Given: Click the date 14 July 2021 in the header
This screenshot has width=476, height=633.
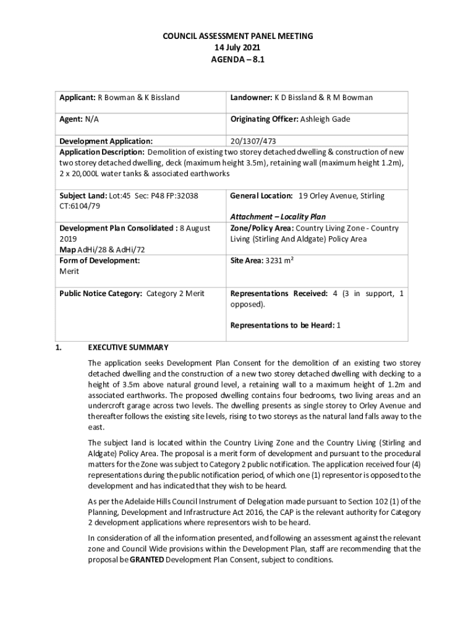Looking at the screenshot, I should coord(238,47).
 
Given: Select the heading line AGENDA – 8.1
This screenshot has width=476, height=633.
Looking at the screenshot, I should coord(238,59).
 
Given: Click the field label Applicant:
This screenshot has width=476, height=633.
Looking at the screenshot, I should coord(77,98).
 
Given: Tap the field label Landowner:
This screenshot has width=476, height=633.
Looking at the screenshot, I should coord(251,98).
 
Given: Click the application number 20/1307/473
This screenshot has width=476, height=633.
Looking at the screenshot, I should coord(254,141).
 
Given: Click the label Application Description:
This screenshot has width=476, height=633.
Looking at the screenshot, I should coord(102,152).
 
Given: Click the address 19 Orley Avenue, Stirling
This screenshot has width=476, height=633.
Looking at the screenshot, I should coord(341,196).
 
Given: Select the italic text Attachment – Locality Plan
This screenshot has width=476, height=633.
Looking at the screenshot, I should coord(278,217).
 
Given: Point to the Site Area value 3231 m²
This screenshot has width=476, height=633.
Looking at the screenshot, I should coord(279,261).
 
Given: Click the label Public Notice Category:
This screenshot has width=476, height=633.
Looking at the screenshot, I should coord(101,294).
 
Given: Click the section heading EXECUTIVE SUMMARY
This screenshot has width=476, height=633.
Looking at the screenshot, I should coord(128,347).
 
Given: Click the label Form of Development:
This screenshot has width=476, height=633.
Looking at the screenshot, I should coord(100,261).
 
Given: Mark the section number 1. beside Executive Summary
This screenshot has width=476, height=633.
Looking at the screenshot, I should coord(58,347).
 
